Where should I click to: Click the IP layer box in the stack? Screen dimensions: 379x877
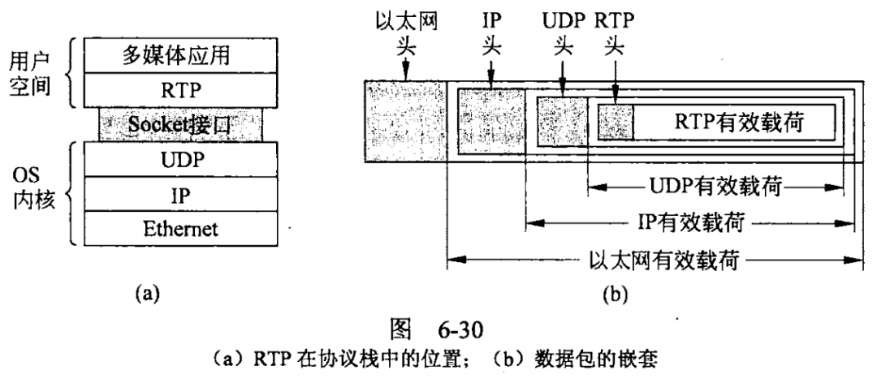[x=180, y=194]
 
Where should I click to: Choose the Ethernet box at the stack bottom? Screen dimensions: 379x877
[x=180, y=229]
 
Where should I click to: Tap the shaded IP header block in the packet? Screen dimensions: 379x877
[x=489, y=122]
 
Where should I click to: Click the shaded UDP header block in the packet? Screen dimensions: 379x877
[x=560, y=123]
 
